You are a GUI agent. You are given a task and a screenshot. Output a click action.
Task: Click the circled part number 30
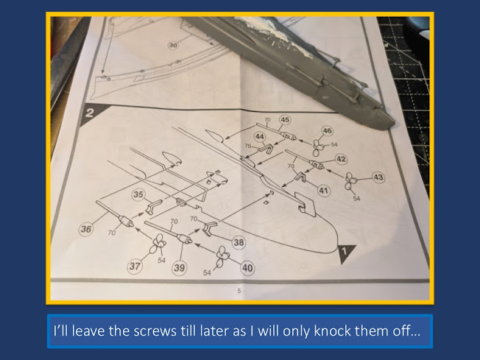pos(173,46)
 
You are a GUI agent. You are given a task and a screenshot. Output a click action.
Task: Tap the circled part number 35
pos(138,194)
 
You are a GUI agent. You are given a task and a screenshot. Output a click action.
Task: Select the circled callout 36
pos(86,229)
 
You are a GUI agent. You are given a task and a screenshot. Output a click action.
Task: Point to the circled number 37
pos(135,267)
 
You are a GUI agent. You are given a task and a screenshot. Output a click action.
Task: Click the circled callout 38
pos(239,242)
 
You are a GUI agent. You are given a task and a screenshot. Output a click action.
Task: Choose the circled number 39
pos(180,268)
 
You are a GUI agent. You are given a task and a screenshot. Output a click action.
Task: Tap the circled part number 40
pos(247,268)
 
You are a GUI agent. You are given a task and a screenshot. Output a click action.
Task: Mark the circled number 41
pos(324,191)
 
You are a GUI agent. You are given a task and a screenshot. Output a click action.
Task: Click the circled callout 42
pos(341,159)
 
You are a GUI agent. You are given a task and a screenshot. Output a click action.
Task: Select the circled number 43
pos(378,177)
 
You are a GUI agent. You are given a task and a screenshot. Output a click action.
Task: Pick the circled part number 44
pos(260,136)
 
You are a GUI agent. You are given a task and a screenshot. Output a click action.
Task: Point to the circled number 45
pos(285,120)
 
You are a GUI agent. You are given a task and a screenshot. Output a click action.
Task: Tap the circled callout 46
pos(328,131)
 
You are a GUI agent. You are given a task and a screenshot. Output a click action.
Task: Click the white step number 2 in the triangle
pos(89,113)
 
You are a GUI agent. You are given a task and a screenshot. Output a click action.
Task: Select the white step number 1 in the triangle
pos(345,251)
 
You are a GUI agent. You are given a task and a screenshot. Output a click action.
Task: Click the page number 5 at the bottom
pos(239,291)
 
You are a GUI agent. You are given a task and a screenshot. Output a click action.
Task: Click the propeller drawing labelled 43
pos(350,181)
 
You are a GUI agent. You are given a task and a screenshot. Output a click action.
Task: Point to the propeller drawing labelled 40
pos(222,256)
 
